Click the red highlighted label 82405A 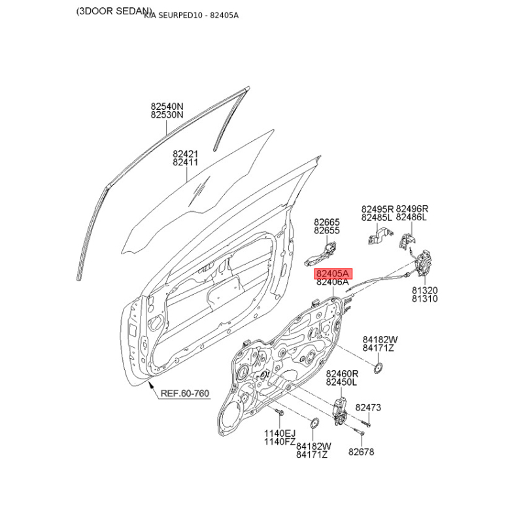(333, 273)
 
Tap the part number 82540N (167, 106)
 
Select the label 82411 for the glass (185, 163)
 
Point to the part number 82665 (326, 222)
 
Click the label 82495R (377, 209)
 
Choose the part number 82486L (411, 218)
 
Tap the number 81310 (424, 299)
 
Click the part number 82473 (368, 408)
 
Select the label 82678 (360, 451)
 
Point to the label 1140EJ (279, 433)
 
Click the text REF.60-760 (185, 393)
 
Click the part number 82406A (333, 282)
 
